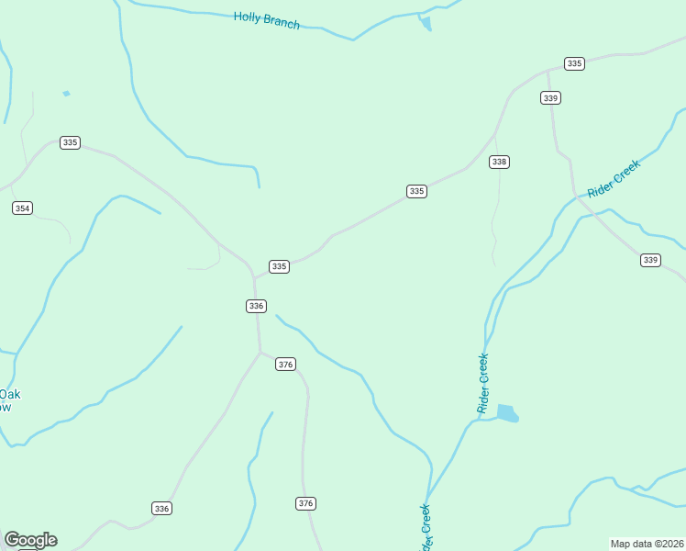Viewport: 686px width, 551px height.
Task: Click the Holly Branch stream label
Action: coord(266,19)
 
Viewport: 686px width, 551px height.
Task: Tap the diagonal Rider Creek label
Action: coord(613,176)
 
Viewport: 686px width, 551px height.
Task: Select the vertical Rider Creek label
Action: coord(483,383)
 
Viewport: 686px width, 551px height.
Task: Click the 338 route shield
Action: coord(499,162)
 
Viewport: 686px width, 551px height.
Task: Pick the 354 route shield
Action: coord(22,208)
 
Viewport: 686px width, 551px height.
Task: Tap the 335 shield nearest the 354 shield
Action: coord(70,142)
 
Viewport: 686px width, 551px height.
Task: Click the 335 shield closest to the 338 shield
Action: coord(416,191)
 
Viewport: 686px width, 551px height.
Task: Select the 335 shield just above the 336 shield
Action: coord(280,266)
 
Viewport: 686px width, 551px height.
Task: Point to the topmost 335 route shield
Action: coord(574,63)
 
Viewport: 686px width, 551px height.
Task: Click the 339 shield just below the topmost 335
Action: coord(550,98)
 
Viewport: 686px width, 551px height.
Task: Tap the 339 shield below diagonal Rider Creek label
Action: coord(650,261)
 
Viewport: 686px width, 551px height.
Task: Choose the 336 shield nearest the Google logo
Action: coord(161,508)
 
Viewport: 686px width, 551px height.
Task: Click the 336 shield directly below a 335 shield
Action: coord(256,306)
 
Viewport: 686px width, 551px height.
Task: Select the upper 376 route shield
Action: coord(285,365)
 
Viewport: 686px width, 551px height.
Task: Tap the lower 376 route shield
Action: coord(306,503)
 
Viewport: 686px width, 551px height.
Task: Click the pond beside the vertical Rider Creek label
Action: coord(507,413)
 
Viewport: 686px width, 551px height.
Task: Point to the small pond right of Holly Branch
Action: coord(425,23)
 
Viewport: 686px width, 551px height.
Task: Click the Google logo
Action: coord(30,540)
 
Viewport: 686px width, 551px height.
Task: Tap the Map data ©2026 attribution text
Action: coord(647,544)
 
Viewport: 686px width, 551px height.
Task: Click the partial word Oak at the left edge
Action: coord(11,395)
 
